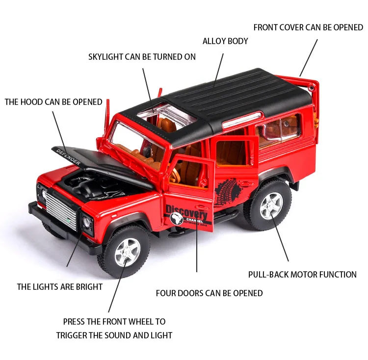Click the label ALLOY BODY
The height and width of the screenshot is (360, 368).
click(x=225, y=41)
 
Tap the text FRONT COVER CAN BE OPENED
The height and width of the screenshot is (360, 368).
click(x=308, y=27)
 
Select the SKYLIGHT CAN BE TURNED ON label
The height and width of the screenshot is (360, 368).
click(x=142, y=57)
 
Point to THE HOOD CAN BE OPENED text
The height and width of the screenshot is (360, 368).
click(x=53, y=102)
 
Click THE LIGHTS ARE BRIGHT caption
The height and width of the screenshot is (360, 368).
click(x=60, y=287)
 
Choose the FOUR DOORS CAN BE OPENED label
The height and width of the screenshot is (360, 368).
click(x=209, y=293)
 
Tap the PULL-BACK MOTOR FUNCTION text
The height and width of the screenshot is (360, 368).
click(x=302, y=274)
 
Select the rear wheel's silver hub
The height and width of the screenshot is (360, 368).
click(x=271, y=206)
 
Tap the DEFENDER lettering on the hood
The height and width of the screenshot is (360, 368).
click(x=69, y=156)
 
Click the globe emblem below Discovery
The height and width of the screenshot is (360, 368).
click(x=177, y=219)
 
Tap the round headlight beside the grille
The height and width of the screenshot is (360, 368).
click(x=86, y=222)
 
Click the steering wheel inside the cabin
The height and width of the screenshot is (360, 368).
click(x=175, y=174)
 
